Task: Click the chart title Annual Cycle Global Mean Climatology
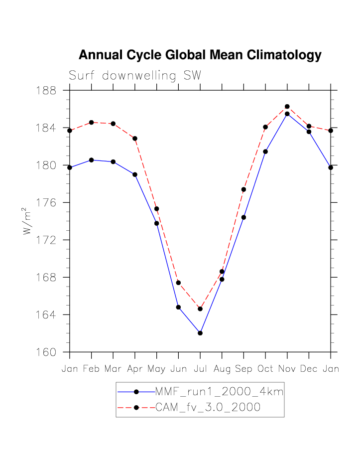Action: (x=200, y=55)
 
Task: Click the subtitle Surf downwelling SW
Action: (x=134, y=76)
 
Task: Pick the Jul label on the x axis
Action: (x=200, y=369)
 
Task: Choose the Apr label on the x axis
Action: (x=134, y=369)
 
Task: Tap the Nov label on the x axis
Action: (x=287, y=369)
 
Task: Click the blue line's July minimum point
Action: (x=200, y=333)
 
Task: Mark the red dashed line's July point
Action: (x=200, y=309)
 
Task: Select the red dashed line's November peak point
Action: (x=287, y=107)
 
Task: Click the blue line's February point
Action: (x=91, y=160)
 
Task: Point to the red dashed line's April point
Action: (x=135, y=139)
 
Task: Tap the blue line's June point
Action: (x=178, y=307)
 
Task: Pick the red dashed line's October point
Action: (x=265, y=127)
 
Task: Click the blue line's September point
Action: (x=243, y=217)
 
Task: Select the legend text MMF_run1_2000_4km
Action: (x=219, y=392)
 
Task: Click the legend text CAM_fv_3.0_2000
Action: (x=208, y=407)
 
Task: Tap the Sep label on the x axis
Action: (x=243, y=369)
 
